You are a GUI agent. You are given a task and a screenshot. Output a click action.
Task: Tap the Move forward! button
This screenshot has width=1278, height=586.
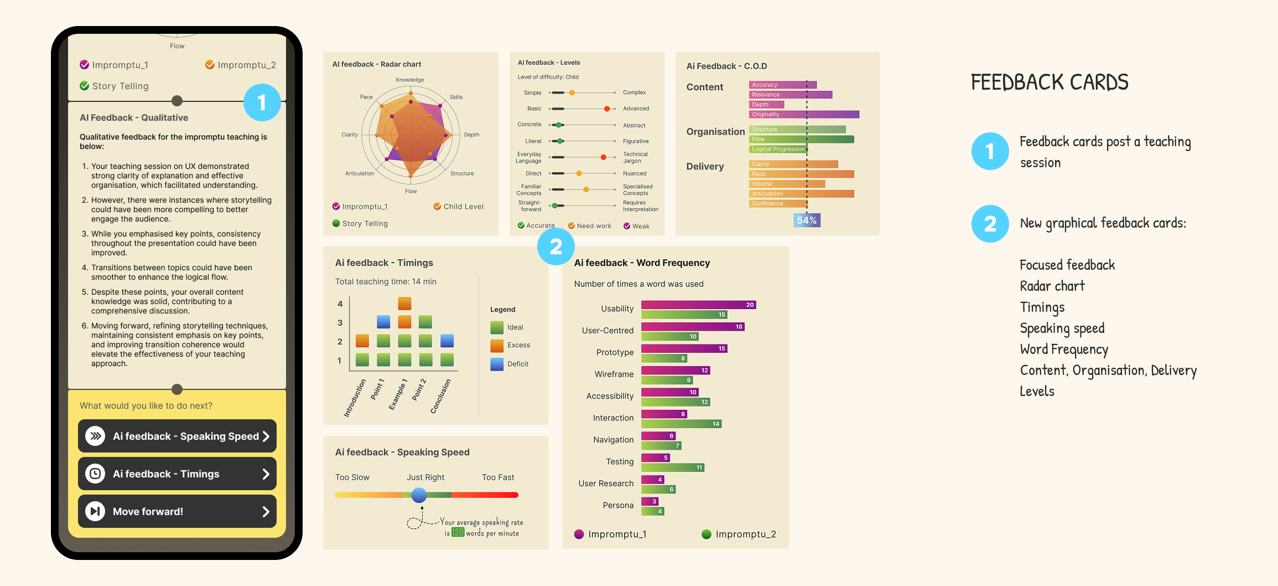pos(177,511)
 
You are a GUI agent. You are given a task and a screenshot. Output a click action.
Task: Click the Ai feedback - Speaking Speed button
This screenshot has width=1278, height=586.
pos(177,436)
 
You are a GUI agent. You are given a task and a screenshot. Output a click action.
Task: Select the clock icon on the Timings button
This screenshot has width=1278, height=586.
pos(95,474)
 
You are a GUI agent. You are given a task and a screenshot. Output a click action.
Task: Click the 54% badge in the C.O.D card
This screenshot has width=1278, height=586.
pos(807,220)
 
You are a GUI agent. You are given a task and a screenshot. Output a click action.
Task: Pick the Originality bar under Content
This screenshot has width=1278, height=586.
pos(804,115)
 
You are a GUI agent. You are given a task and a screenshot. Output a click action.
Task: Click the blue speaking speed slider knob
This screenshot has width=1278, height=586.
pos(419,495)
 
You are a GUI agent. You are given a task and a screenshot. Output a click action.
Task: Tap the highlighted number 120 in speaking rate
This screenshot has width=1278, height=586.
pos(458,533)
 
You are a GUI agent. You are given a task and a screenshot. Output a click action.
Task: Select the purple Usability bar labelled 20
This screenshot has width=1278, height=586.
pos(698,305)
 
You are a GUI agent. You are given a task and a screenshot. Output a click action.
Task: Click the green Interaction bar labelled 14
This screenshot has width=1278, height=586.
pos(681,424)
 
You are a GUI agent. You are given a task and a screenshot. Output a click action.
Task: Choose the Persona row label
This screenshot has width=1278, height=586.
pos(618,505)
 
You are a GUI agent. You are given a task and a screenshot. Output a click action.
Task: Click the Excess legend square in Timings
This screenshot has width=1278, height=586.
pos(497,346)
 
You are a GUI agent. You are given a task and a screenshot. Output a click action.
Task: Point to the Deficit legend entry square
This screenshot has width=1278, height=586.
pos(497,364)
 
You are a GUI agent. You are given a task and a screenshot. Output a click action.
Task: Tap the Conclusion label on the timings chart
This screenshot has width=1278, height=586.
pos(441,396)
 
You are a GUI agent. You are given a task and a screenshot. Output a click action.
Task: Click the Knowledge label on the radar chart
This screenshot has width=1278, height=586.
pos(410,80)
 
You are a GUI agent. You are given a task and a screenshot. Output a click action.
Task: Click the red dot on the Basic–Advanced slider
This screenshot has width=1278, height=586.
pos(607,109)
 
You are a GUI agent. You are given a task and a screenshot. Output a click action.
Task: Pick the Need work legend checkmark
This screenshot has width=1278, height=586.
pos(572,226)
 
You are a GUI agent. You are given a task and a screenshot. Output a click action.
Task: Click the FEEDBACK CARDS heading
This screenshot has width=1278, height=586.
pos(1050,83)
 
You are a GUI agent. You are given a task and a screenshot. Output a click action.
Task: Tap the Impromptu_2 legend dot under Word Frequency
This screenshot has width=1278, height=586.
pos(706,534)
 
